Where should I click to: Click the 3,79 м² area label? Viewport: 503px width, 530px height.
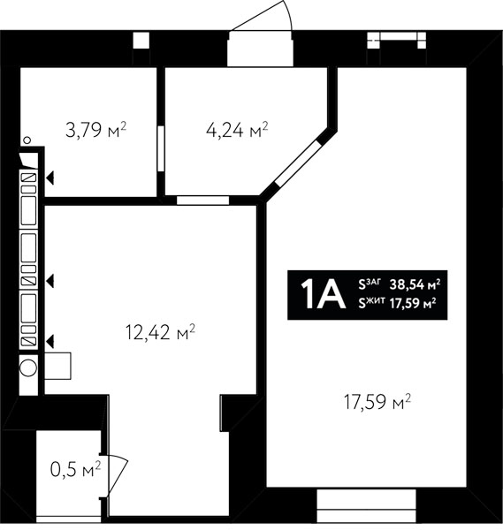95,130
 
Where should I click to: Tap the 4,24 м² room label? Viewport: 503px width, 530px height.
237,130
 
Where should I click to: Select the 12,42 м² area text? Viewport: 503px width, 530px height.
160,332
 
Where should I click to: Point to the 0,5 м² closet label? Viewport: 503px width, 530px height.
75,470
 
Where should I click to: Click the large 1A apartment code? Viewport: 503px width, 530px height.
323,295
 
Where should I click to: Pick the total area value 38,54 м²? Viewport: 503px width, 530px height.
415,284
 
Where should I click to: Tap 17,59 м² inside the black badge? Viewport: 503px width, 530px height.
413,304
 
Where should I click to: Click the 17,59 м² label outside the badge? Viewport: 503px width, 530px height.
377,402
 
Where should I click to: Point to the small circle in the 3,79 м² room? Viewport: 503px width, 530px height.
27,140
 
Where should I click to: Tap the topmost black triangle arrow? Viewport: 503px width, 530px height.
50,178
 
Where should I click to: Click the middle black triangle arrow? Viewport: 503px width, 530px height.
50,281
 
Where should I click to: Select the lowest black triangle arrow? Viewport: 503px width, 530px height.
50,341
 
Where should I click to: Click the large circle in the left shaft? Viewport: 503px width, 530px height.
28,367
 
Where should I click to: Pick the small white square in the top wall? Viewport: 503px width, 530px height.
141,41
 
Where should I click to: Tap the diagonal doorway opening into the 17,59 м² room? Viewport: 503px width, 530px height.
298,163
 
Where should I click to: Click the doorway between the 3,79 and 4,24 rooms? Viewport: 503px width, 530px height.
161,148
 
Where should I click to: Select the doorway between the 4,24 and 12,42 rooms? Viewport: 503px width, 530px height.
203,201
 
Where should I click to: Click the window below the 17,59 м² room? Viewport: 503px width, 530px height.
366,504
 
